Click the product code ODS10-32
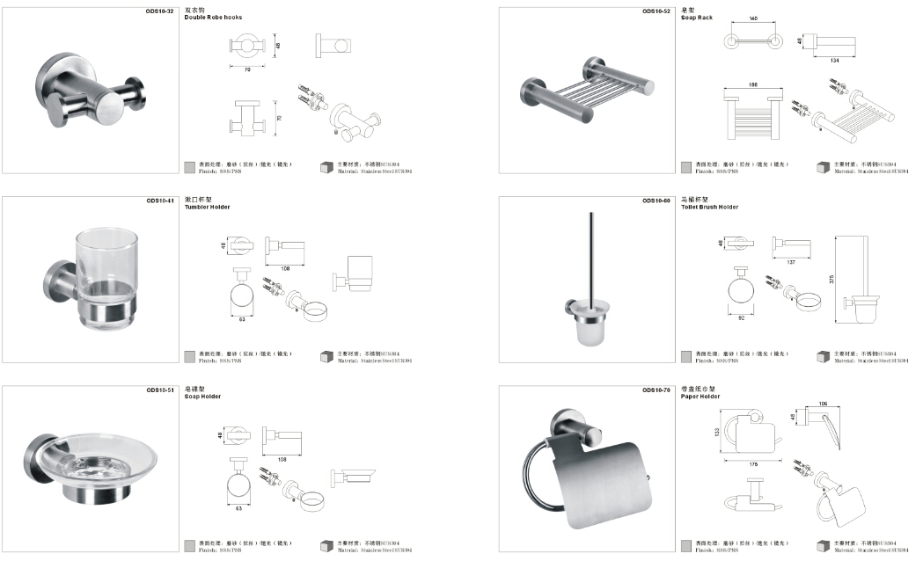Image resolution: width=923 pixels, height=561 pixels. coord(160,11)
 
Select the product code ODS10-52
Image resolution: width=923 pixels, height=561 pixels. coord(656,11)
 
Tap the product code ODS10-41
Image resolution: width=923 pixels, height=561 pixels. coord(160,200)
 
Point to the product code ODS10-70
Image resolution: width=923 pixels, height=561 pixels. coord(656,390)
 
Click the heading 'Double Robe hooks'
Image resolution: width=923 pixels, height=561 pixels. coord(213,18)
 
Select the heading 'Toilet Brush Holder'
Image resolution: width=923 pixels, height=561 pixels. coord(709,207)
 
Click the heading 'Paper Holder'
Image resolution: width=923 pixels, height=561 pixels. coord(700,397)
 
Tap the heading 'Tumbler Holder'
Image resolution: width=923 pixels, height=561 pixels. coord(207,207)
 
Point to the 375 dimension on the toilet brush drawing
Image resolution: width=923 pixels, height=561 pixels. coord(831,279)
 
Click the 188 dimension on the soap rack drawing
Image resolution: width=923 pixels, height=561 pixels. coord(752,85)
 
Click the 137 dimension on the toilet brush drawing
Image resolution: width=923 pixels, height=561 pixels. coord(791,262)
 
